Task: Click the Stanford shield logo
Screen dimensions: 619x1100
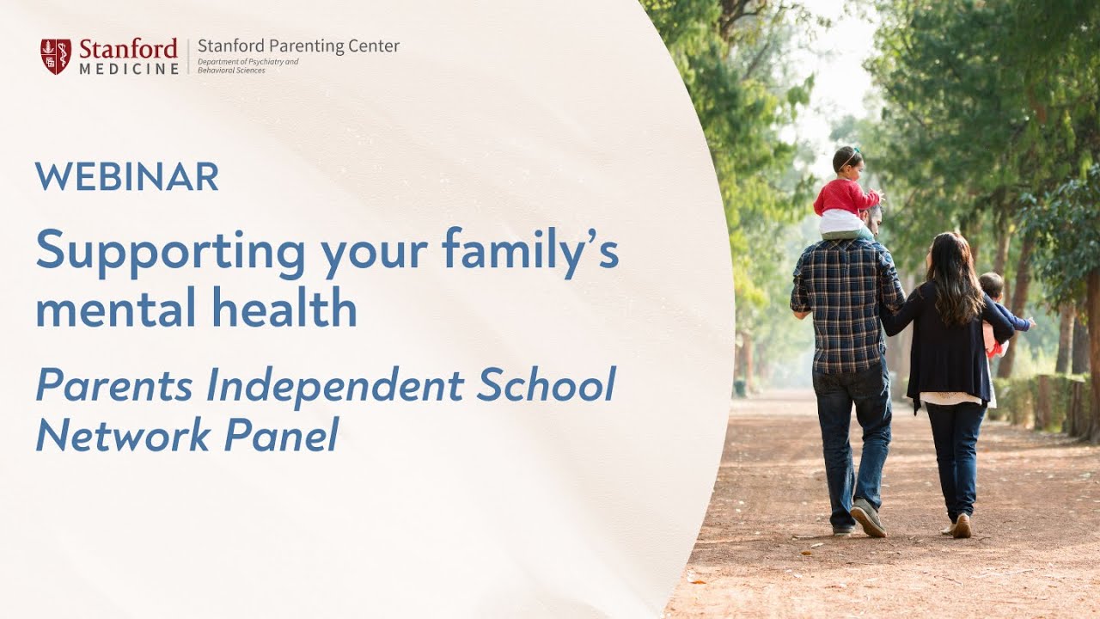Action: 56,56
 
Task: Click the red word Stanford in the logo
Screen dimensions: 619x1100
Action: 128,48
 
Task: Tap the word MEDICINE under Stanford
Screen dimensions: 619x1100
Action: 129,69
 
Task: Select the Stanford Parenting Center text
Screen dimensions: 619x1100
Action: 298,46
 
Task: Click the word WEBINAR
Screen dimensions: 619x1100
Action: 127,176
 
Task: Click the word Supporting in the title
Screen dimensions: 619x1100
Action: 170,252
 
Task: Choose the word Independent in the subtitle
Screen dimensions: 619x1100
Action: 336,384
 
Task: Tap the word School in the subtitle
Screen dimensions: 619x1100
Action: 546,384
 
